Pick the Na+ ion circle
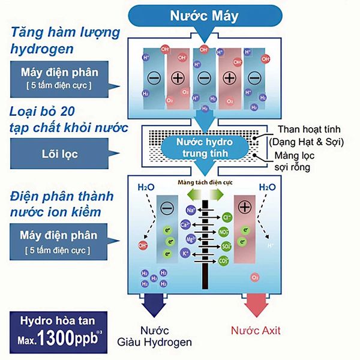[x=190, y=211]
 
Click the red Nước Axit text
[x=256, y=331]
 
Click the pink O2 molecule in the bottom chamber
[x=255, y=278]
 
